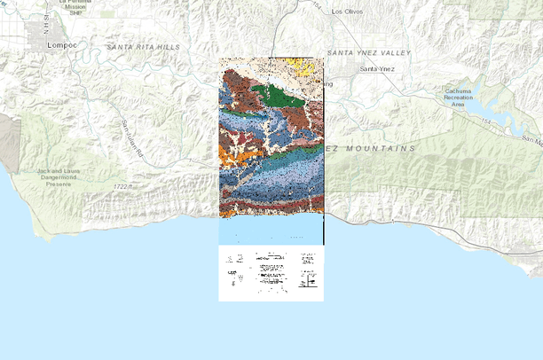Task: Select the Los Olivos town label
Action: tap(348, 12)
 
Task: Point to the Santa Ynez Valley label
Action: tap(369, 53)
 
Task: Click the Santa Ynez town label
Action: tap(376, 68)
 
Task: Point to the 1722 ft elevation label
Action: tap(127, 187)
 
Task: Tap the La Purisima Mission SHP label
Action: tap(76, 7)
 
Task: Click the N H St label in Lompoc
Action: tap(43, 26)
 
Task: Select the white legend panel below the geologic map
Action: tap(271, 273)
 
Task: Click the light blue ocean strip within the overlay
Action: tap(271, 231)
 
